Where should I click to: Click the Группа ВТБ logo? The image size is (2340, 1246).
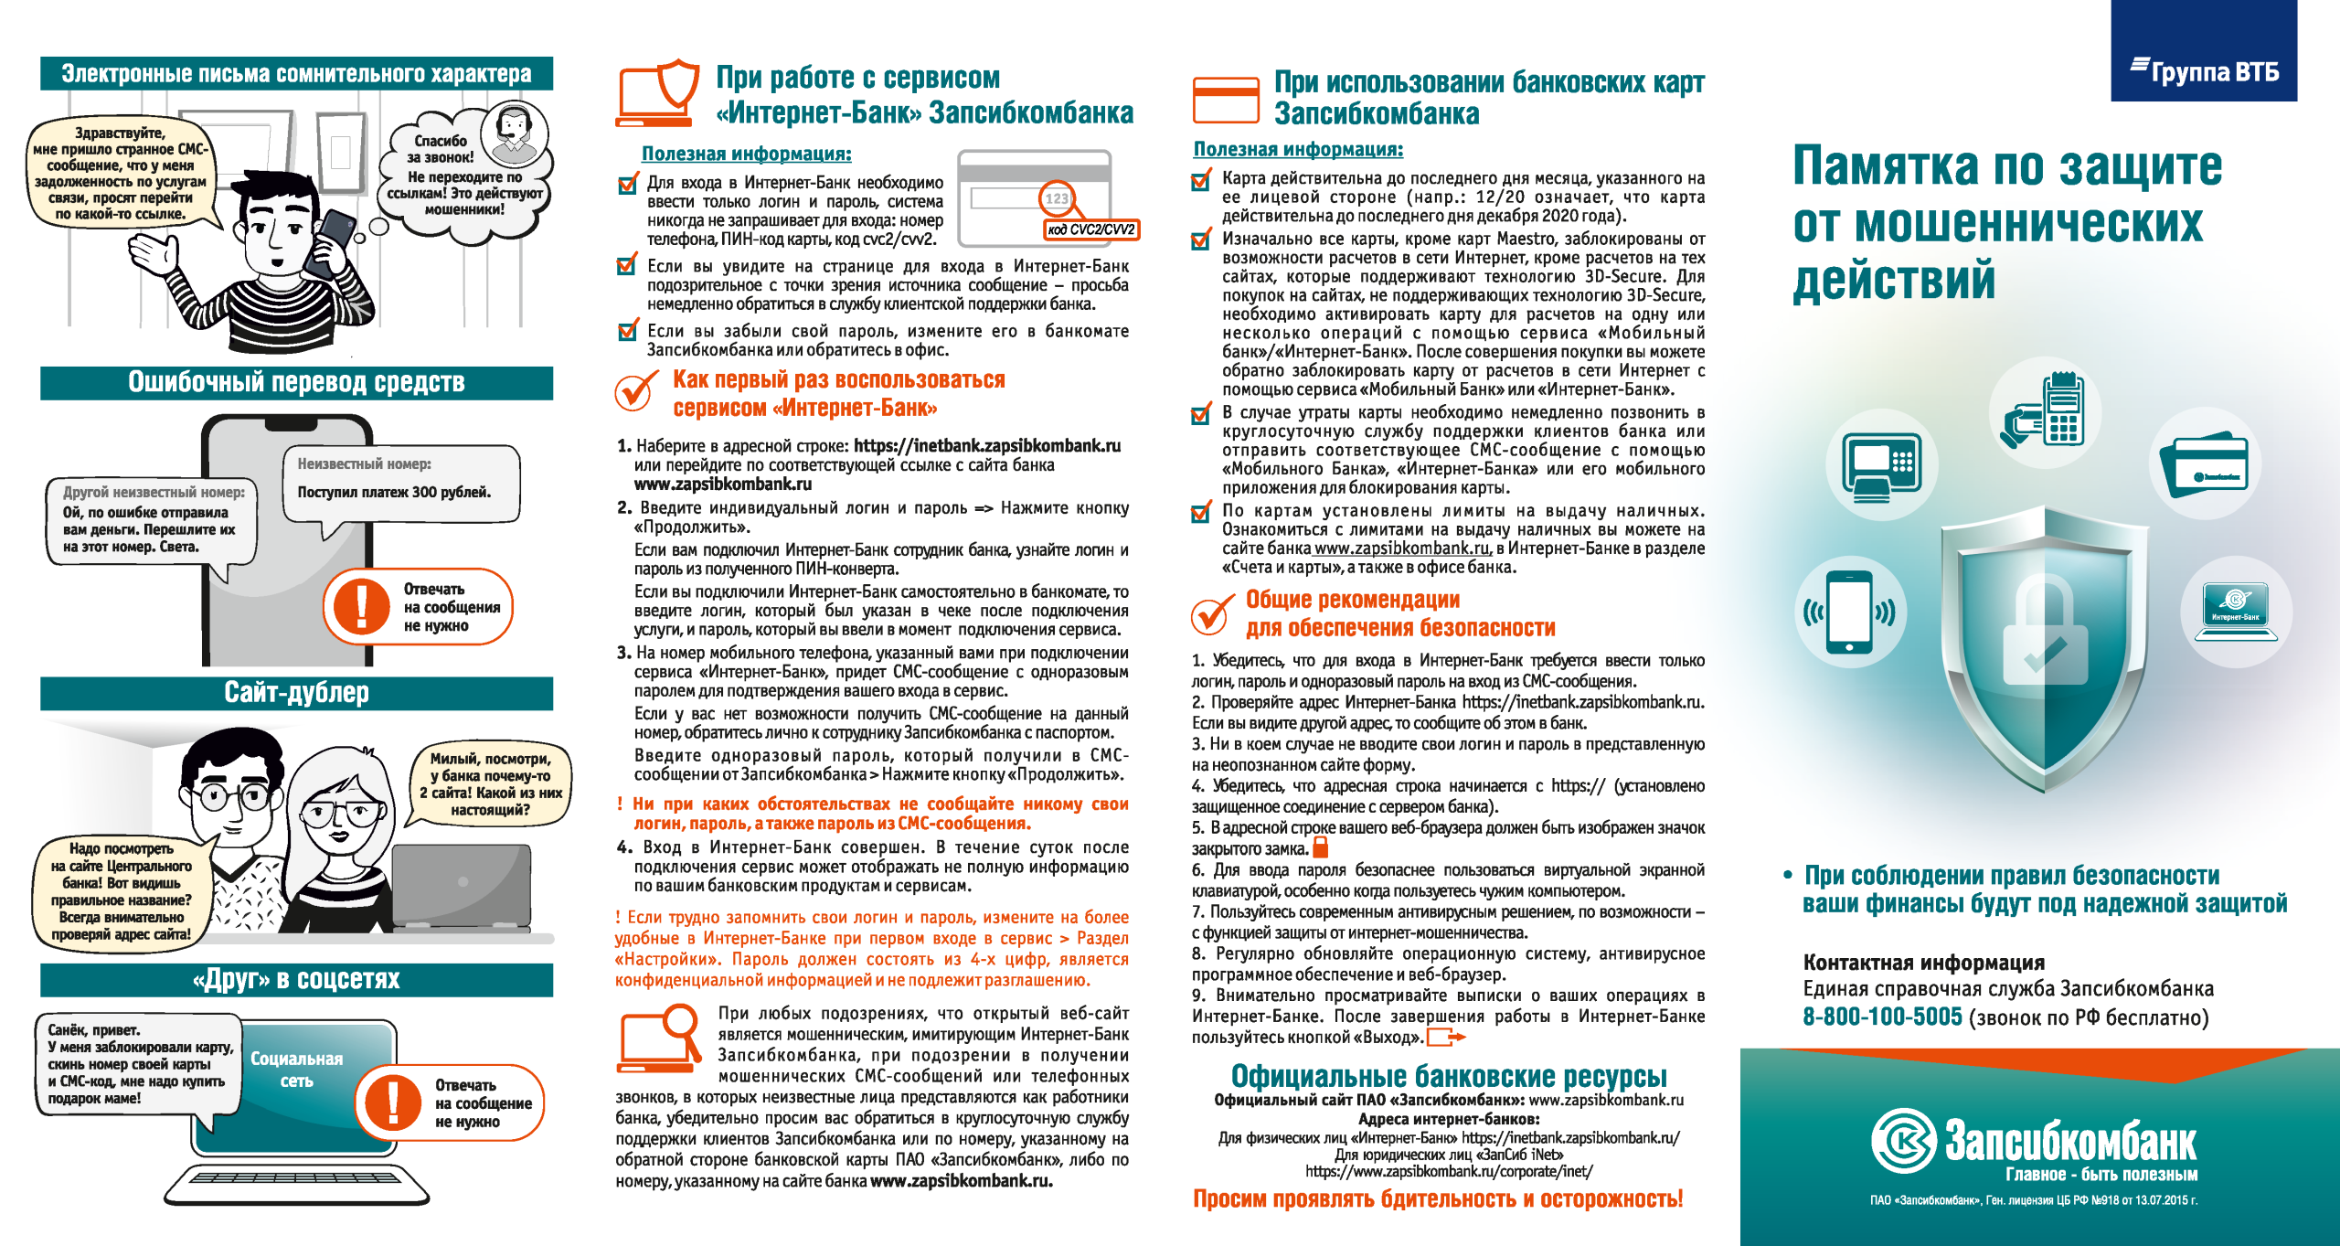(x=2204, y=70)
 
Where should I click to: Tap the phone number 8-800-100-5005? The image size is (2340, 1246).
(x=1881, y=1017)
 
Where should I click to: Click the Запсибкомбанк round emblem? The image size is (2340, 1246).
(x=1903, y=1140)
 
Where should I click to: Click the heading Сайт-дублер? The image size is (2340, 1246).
(x=296, y=693)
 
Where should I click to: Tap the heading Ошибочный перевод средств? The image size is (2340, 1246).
(x=296, y=382)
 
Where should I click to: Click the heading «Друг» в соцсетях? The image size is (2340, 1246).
(x=296, y=979)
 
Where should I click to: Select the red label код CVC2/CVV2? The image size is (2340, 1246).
(x=1090, y=229)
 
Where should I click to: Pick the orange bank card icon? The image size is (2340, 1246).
(x=1226, y=100)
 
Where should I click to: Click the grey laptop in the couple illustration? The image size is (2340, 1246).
(x=462, y=885)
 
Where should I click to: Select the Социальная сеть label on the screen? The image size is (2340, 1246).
(x=296, y=1070)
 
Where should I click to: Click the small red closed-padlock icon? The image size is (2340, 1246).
(x=1320, y=847)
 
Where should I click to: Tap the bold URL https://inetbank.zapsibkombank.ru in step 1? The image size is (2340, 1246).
(x=986, y=446)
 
